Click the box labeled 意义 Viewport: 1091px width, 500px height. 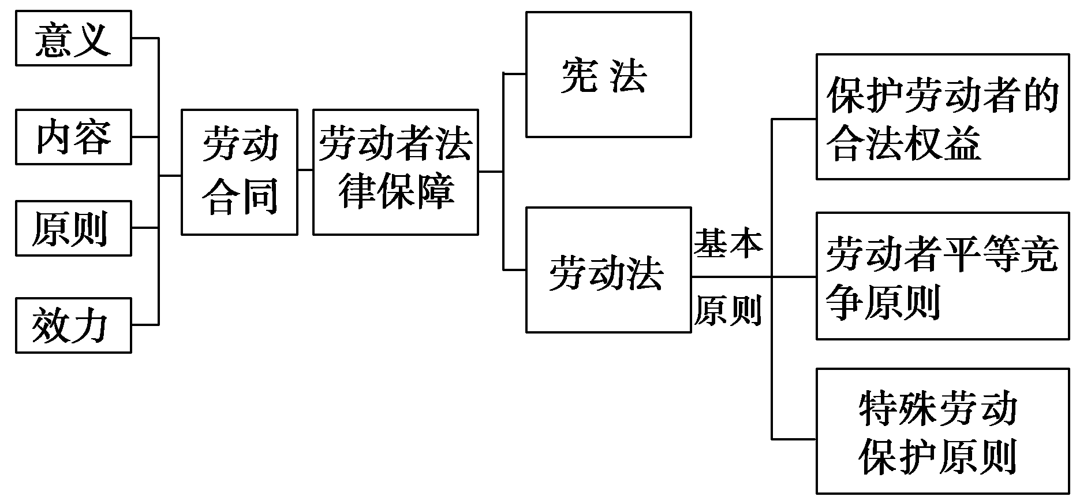[73, 38]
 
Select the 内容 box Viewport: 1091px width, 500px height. [73, 137]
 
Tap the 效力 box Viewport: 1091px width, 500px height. [73, 325]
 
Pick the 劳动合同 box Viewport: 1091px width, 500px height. [240, 172]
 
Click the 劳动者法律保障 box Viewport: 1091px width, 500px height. [395, 172]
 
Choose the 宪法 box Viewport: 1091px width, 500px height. [608, 75]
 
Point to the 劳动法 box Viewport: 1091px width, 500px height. [608, 270]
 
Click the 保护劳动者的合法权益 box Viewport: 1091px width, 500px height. [942, 117]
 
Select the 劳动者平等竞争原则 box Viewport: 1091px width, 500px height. [942, 276]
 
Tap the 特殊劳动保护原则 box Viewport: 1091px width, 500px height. [942, 431]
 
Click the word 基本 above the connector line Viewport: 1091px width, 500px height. [728, 243]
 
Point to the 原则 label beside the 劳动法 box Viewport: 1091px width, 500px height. [728, 310]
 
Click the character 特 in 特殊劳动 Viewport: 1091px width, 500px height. [879, 409]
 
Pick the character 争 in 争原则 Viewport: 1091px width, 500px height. [845, 301]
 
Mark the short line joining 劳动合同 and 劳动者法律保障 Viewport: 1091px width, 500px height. [305, 170]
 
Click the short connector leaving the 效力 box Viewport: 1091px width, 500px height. [145, 325]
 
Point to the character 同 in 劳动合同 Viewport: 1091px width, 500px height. [259, 196]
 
